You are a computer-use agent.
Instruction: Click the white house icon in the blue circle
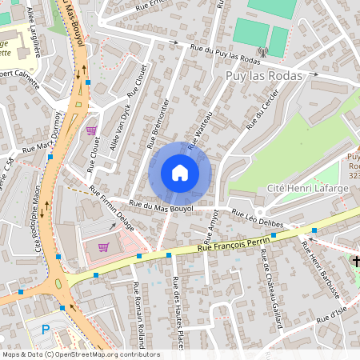pyautogui.click(x=180, y=173)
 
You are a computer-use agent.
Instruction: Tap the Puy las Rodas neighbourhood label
pyautogui.click(x=263, y=76)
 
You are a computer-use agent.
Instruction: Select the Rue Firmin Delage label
pyautogui.click(x=112, y=206)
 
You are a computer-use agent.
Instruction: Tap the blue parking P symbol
pyautogui.click(x=45, y=329)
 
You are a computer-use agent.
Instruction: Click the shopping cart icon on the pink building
pyautogui.click(x=103, y=247)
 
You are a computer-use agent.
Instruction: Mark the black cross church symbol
pyautogui.click(x=356, y=262)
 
